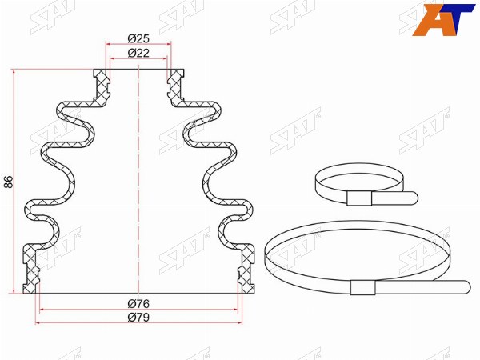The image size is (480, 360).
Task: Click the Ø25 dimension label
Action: [x=138, y=38]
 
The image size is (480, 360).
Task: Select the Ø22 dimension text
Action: [x=138, y=53]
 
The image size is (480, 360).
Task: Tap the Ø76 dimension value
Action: [x=138, y=304]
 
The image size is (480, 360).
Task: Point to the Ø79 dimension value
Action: [x=138, y=317]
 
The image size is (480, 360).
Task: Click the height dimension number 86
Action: [x=9, y=182]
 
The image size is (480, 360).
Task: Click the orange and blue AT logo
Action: [x=443, y=19]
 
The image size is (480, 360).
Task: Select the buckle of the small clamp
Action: [x=359, y=198]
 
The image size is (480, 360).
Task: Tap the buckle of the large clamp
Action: [x=363, y=287]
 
